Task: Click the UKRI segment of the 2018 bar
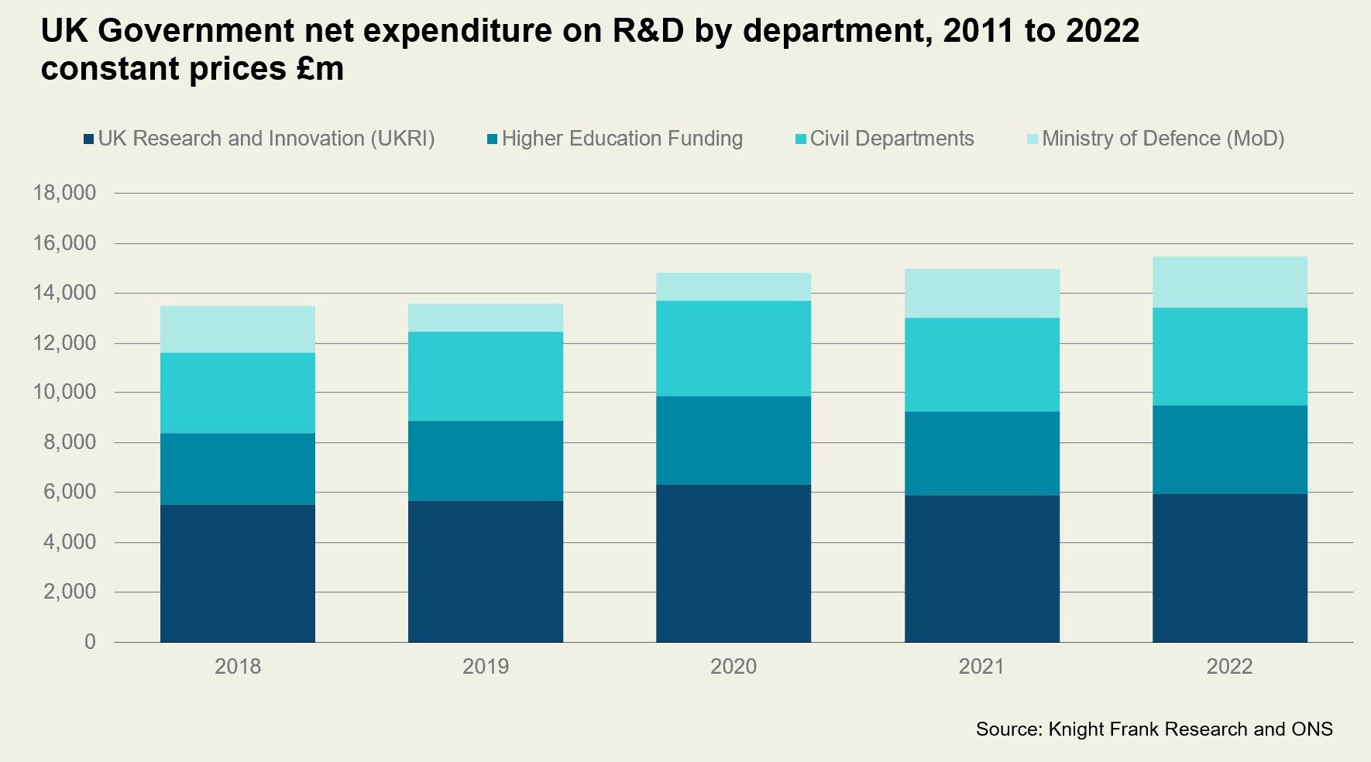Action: pyautogui.click(x=238, y=573)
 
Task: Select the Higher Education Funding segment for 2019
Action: pyautogui.click(x=486, y=461)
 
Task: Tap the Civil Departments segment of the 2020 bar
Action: pyautogui.click(x=734, y=348)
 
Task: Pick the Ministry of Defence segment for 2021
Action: pyautogui.click(x=981, y=293)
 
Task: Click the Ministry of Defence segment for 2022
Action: pyautogui.click(x=1229, y=282)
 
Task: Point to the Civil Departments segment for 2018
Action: pyautogui.click(x=238, y=393)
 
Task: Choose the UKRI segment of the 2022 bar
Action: pyautogui.click(x=1229, y=568)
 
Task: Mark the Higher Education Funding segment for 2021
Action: pyautogui.click(x=981, y=453)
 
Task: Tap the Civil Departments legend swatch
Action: pyautogui.click(x=801, y=139)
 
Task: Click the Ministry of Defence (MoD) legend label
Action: pyautogui.click(x=1163, y=139)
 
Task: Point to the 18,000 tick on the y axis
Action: pyautogui.click(x=64, y=193)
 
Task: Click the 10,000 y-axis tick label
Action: pyautogui.click(x=64, y=393)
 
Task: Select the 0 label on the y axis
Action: pyautogui.click(x=90, y=642)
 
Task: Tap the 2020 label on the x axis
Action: pyautogui.click(x=734, y=667)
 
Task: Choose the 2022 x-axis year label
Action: pyautogui.click(x=1229, y=667)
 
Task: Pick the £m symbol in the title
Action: pyautogui.click(x=318, y=69)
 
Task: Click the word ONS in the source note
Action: pyautogui.click(x=1311, y=729)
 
